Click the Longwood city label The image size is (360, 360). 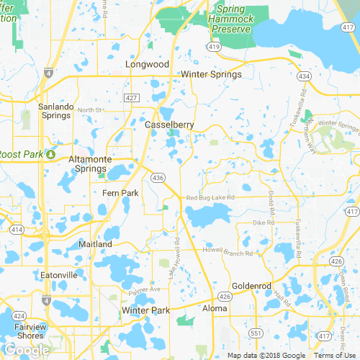pyautogui.click(x=147, y=64)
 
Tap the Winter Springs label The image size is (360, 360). pyautogui.click(x=211, y=74)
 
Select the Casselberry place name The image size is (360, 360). pyautogui.click(x=170, y=125)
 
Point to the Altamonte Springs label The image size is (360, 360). pyautogui.click(x=91, y=163)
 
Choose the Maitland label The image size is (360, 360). pyautogui.click(x=96, y=244)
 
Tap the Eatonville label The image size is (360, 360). pyautogui.click(x=59, y=275)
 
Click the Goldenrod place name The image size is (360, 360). pyautogui.click(x=250, y=285)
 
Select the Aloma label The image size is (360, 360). pyautogui.click(x=215, y=308)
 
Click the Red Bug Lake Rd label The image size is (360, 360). pyautogui.click(x=210, y=197)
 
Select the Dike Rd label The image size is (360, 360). pyautogui.click(x=264, y=223)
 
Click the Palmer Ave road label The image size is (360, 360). pyautogui.click(x=145, y=291)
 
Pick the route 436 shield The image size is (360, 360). pyautogui.click(x=156, y=177)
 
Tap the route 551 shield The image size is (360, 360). pyautogui.click(x=255, y=333)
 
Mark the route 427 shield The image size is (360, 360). pyautogui.click(x=131, y=96)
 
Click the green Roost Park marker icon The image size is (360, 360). pyautogui.click(x=51, y=154)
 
